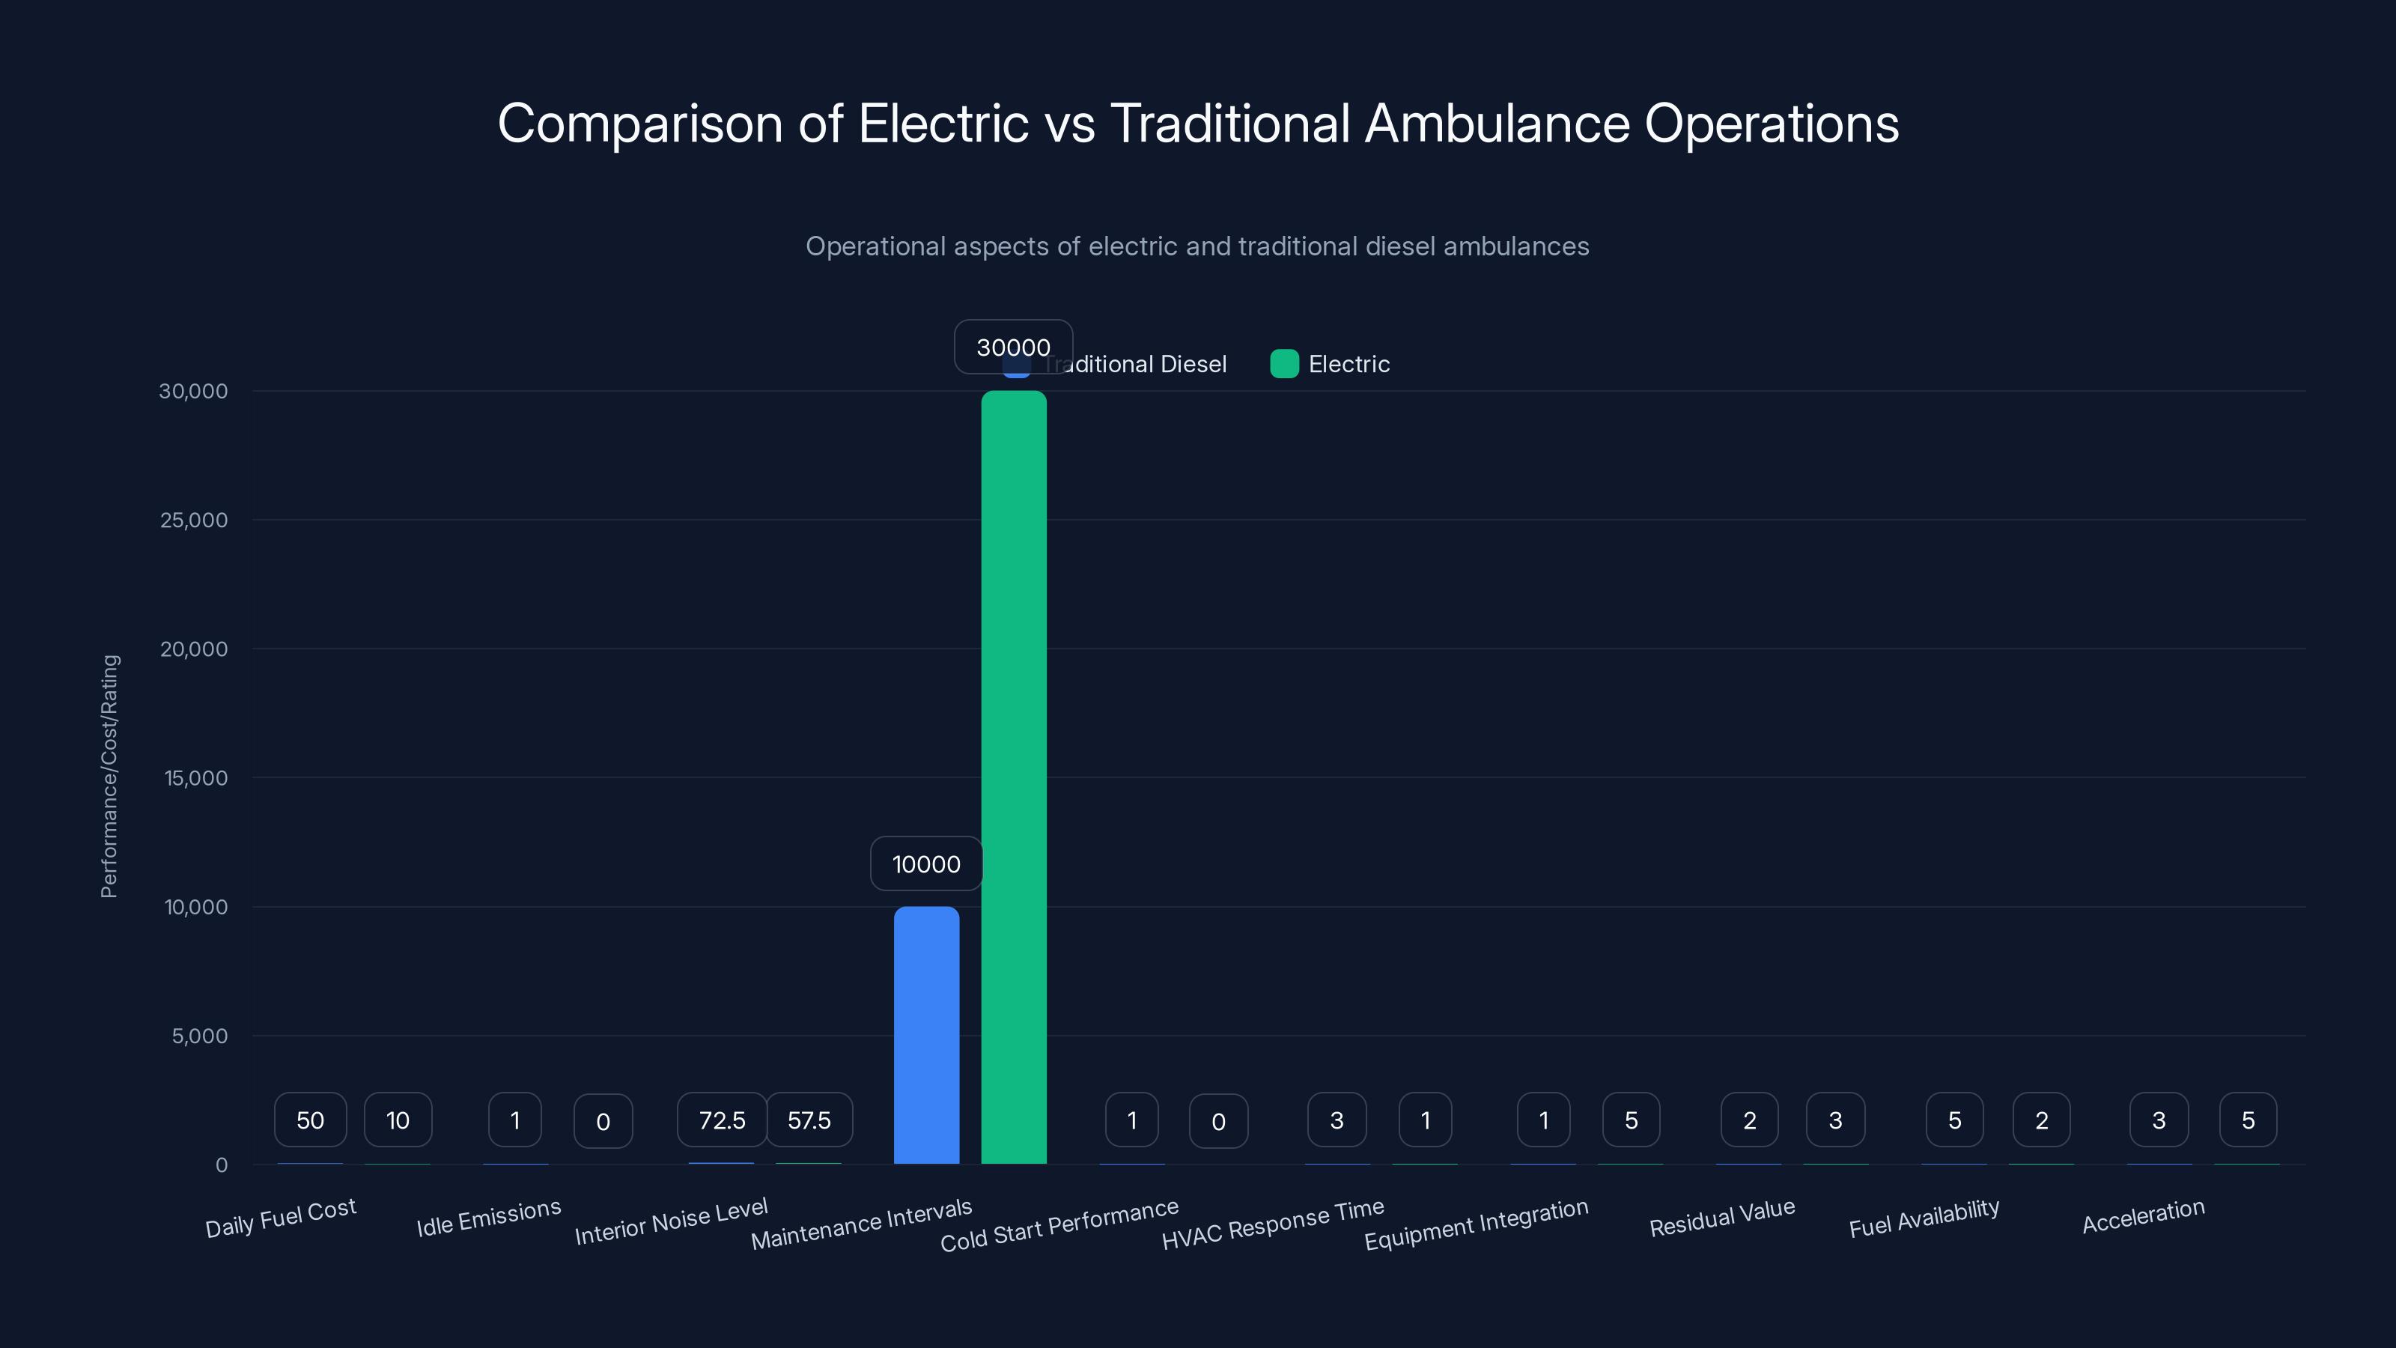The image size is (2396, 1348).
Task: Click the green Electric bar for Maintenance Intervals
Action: click(1014, 777)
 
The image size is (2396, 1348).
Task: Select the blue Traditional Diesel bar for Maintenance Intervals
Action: click(926, 1034)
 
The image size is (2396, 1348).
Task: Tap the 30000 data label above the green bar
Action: click(1013, 347)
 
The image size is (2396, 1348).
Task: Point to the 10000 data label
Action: click(925, 863)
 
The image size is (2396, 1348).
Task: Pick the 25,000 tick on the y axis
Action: click(193, 520)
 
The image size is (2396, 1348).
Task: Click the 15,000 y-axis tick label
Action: click(195, 778)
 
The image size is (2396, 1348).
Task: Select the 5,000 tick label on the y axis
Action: click(199, 1036)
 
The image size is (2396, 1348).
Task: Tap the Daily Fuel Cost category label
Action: click(280, 1218)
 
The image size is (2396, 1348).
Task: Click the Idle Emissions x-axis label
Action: click(488, 1218)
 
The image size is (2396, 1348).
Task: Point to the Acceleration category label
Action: click(2143, 1216)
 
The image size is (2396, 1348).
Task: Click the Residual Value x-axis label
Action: click(1721, 1218)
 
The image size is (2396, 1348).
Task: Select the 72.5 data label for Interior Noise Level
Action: click(722, 1120)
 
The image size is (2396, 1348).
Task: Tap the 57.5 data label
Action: click(809, 1120)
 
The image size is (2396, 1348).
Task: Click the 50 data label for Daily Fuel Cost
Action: click(310, 1120)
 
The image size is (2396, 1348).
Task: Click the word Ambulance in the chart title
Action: click(1497, 123)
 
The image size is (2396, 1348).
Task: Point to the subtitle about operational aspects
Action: click(1197, 246)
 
